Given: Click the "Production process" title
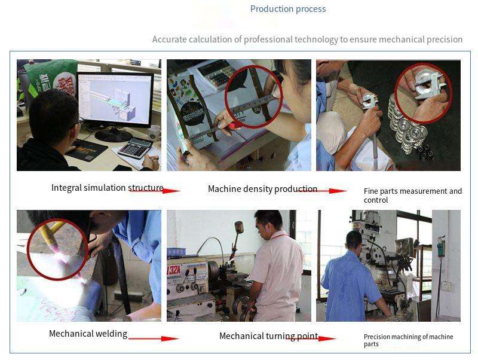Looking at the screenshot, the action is [x=288, y=9].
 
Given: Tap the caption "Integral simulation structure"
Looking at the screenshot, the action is [x=108, y=188].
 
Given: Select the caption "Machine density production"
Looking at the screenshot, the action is [x=262, y=189].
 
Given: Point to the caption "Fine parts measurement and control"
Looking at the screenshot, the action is [x=413, y=196].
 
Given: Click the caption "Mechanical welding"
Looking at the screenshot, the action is [x=88, y=334].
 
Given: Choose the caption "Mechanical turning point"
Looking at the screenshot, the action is [x=269, y=336].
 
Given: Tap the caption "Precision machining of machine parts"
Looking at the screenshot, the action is [x=409, y=340].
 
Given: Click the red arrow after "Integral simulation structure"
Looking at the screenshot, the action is [x=155, y=191].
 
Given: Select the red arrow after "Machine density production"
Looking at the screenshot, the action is [x=321, y=191].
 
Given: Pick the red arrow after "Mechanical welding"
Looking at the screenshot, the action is [x=154, y=338].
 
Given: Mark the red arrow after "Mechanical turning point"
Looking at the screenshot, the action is [x=311, y=338].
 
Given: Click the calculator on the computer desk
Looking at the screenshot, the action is [x=135, y=148].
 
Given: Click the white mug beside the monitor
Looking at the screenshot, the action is [x=155, y=133].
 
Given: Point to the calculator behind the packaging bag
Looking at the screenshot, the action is [x=215, y=74].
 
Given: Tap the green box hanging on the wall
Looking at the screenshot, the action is [x=440, y=247].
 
